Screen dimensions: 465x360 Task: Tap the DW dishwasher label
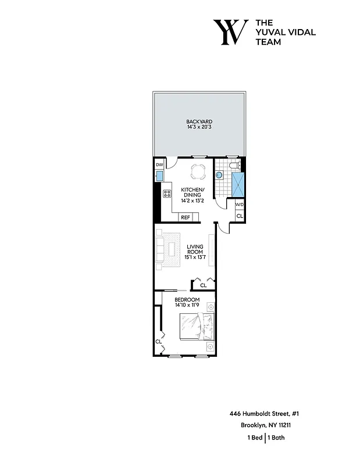click(x=159, y=166)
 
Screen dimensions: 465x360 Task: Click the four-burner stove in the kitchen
click(x=167, y=193)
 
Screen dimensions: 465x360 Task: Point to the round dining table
click(x=198, y=172)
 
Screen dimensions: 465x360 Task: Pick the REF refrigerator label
click(x=186, y=217)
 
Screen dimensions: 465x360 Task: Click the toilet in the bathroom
click(x=234, y=167)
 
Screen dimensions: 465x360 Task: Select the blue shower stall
click(x=238, y=184)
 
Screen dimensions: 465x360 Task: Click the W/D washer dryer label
click(x=239, y=206)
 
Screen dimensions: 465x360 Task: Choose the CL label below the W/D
click(x=239, y=216)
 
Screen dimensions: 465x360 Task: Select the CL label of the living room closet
click(x=203, y=285)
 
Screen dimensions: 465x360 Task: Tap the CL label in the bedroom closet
click(x=158, y=341)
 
